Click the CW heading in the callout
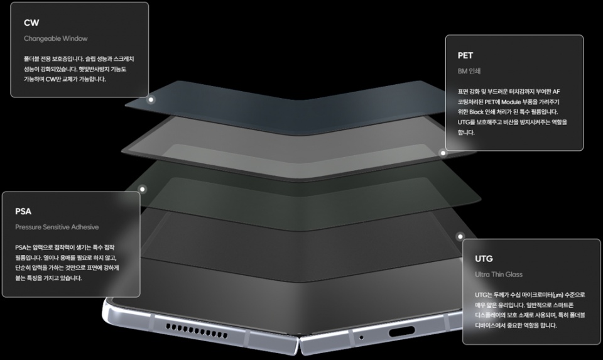[31, 23]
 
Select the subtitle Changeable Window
[56, 38]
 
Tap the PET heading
[465, 55]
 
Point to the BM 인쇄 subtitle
[469, 71]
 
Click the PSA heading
[23, 211]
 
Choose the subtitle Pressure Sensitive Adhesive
[57, 227]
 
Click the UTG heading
[484, 258]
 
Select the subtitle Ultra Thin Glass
[499, 274]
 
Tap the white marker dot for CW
[151, 100]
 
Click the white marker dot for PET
[443, 153]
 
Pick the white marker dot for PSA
[143, 189]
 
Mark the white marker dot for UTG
[460, 236]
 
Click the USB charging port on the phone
[401, 331]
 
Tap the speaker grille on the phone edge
[197, 331]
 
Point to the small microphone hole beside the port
[361, 337]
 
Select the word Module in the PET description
[511, 102]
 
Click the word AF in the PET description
[556, 92]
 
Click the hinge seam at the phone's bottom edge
[299, 342]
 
